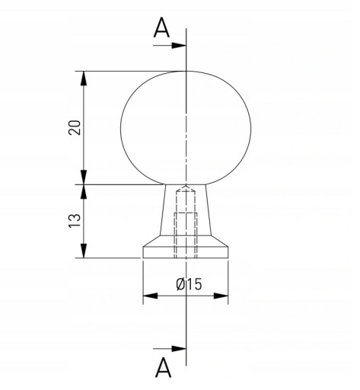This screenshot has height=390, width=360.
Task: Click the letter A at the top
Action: click(x=161, y=28)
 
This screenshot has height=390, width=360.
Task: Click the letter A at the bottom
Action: click(x=163, y=367)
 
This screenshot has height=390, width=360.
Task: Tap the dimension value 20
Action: click(x=75, y=127)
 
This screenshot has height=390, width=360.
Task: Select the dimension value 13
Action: click(x=75, y=221)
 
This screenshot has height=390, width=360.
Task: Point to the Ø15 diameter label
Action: click(x=190, y=284)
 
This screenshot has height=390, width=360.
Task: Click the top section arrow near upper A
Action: click(x=170, y=46)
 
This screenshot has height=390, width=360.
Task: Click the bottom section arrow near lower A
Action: click(x=170, y=349)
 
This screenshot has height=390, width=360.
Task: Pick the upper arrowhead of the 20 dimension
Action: click(x=84, y=78)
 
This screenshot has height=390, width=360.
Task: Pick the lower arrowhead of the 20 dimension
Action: click(x=84, y=177)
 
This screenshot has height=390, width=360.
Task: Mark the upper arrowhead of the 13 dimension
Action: click(x=84, y=192)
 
